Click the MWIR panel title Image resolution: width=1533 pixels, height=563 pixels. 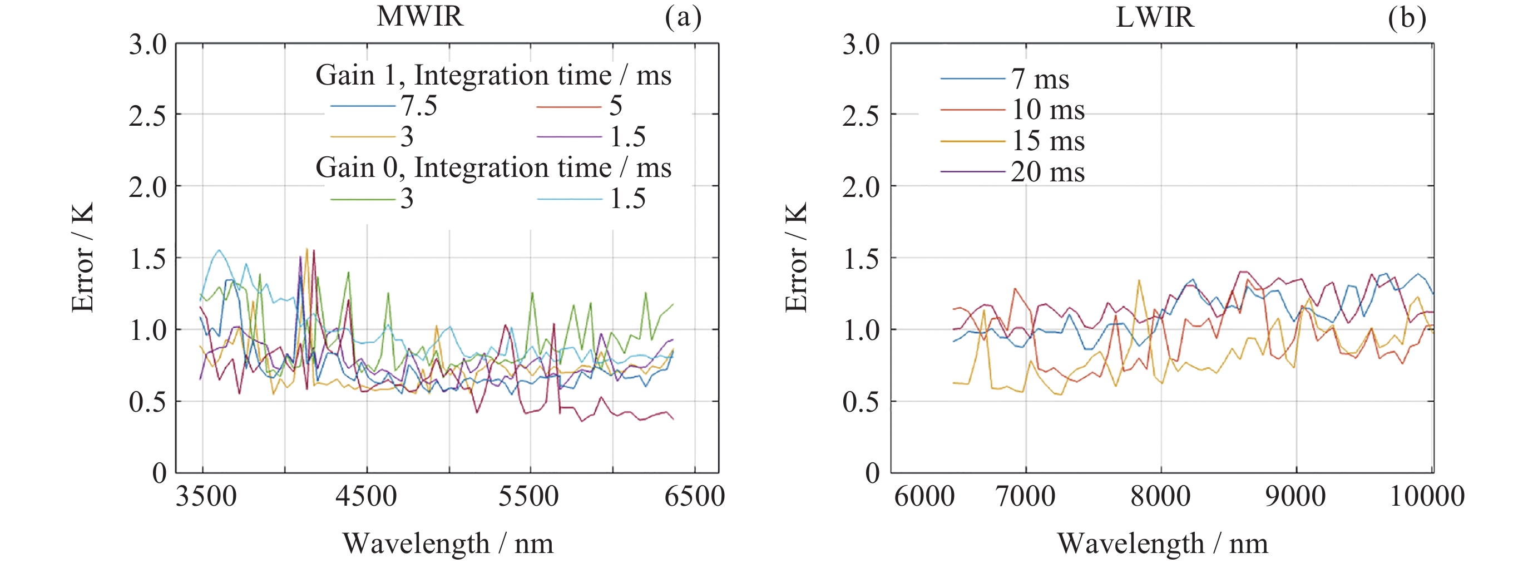pyautogui.click(x=419, y=16)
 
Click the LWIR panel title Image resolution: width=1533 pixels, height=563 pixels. pyautogui.click(x=1155, y=17)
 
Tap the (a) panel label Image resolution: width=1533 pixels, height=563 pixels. pyautogui.click(x=683, y=17)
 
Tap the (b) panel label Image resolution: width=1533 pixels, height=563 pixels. pyautogui.click(x=1407, y=17)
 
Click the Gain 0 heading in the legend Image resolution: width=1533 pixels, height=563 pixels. pyautogui.click(x=493, y=167)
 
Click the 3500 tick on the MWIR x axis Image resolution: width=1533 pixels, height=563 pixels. pyautogui.click(x=205, y=496)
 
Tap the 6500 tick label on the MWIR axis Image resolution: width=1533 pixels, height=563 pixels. pyautogui.click(x=694, y=496)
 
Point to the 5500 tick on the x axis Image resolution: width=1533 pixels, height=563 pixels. pyautogui.click(x=528, y=496)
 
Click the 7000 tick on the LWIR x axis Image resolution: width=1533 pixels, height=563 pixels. pyautogui.click(x=1025, y=496)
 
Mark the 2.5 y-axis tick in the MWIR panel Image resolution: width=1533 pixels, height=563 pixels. pyautogui.click(x=147, y=115)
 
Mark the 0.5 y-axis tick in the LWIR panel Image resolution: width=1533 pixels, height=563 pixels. pyautogui.click(x=861, y=402)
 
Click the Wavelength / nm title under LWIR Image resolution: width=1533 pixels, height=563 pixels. pyautogui.click(x=1162, y=543)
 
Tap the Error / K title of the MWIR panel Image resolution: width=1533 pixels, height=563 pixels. pyautogui.click(x=82, y=257)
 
